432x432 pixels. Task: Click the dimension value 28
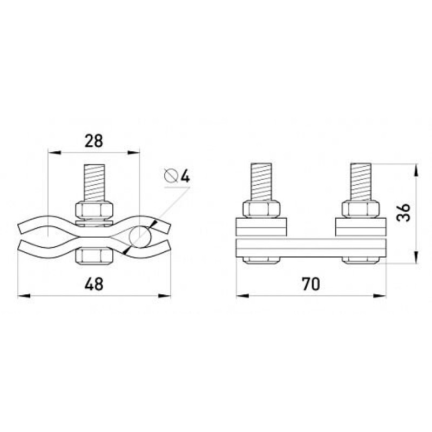[x=93, y=141]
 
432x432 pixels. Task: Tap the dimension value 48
[x=94, y=284]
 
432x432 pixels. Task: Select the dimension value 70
[x=311, y=284]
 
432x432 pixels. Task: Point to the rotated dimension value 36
[x=403, y=213]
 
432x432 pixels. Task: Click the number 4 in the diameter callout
[x=185, y=176]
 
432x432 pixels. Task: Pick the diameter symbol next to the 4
[x=171, y=176]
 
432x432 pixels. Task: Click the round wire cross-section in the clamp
[x=140, y=237]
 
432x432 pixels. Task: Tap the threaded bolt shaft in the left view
[x=94, y=183]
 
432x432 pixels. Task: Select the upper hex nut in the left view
[x=94, y=211]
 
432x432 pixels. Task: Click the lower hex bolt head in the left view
[x=94, y=255]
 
